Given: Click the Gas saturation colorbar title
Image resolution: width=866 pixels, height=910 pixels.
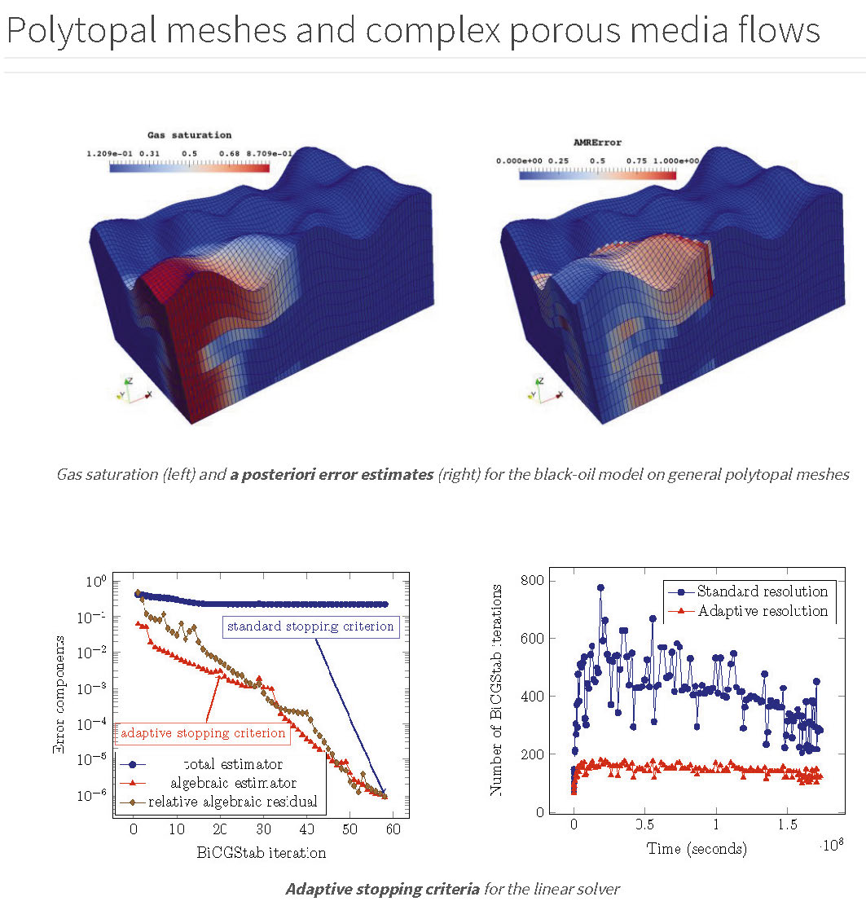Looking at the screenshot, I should coord(189,135).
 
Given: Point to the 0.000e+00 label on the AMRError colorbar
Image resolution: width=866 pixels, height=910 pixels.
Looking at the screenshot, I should coord(518,160).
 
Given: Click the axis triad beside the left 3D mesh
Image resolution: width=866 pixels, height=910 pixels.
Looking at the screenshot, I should coord(133,390).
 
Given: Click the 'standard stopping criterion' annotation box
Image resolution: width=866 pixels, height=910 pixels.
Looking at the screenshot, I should coord(310,626).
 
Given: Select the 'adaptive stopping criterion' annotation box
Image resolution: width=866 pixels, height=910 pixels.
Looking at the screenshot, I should coord(203,733).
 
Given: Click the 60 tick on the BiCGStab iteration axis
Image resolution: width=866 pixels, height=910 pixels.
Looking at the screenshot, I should coord(393,829).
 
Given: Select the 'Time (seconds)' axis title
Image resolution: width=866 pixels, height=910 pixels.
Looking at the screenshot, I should coord(697,848).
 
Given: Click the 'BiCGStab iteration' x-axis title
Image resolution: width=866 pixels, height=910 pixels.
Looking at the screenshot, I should coord(261,852).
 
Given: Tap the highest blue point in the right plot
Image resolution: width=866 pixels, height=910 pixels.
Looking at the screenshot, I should coord(600,587).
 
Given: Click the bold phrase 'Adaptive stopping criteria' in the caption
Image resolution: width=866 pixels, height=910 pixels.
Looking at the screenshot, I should coord(382,888).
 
